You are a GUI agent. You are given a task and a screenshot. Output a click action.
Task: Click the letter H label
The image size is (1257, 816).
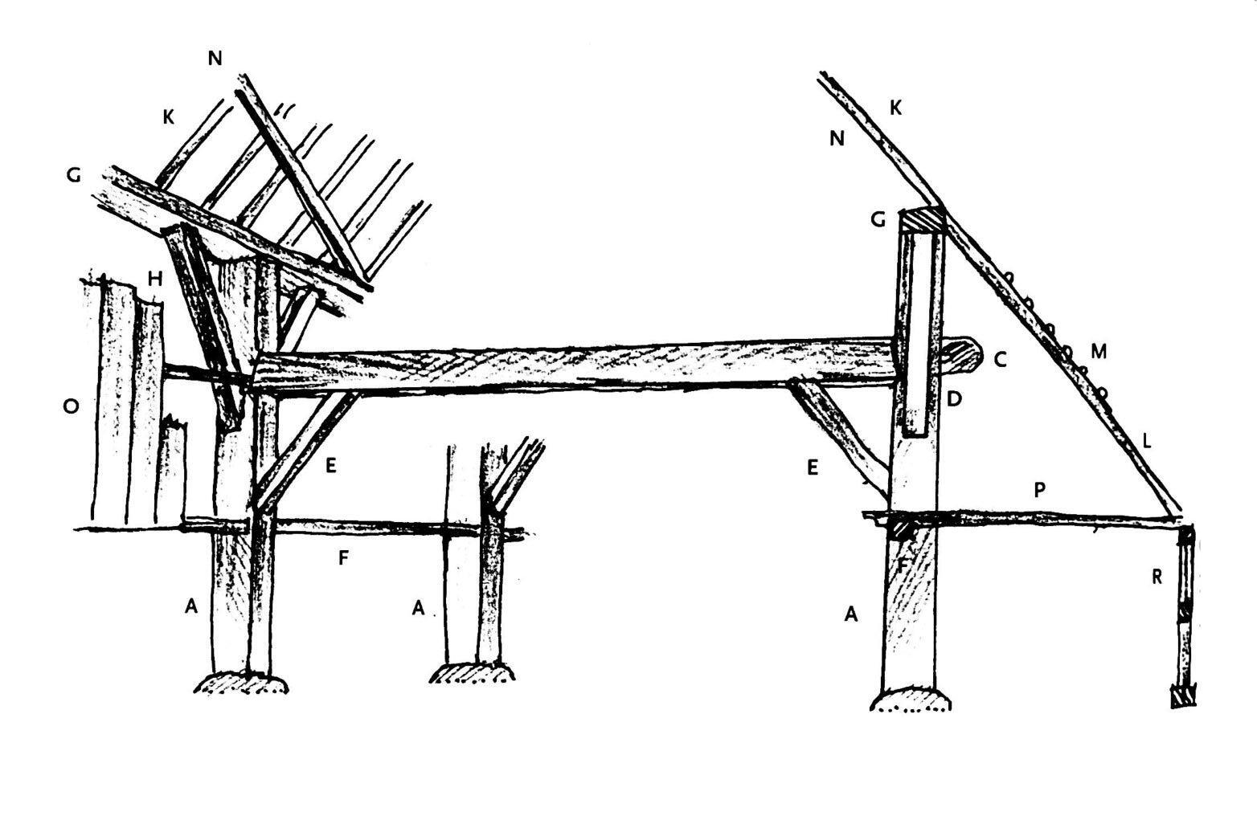coord(155,278)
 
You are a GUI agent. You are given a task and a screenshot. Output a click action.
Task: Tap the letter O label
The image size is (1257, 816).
coord(71,406)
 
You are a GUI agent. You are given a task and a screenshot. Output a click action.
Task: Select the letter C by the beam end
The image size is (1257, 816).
coord(1000,359)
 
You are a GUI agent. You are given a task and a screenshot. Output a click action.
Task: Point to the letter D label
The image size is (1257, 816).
coord(955,398)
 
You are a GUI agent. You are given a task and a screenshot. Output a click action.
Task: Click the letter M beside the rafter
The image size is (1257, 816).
coord(1098,350)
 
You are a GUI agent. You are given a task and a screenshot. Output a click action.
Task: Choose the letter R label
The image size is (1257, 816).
coord(1157,576)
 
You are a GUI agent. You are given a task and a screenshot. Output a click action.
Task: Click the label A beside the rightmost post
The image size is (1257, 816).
coord(852,614)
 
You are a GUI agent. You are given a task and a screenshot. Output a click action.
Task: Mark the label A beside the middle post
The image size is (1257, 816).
coord(418,609)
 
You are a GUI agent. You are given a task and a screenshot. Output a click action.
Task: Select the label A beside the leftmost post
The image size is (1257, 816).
coord(190,606)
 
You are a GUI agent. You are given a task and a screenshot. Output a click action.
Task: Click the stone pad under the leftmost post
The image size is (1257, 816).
coord(241,683)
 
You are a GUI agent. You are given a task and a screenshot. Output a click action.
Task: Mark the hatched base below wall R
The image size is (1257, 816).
coord(1183,696)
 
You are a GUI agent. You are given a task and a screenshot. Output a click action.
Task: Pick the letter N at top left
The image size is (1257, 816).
coord(215,58)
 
